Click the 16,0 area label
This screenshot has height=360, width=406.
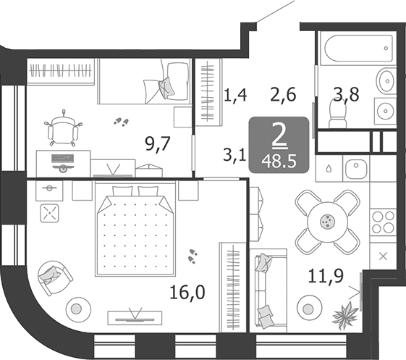[187, 293]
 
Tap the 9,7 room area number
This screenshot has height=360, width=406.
[158, 143]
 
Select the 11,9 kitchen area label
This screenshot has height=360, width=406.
[326, 276]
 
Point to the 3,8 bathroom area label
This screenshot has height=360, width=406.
[346, 94]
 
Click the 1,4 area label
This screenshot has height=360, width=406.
[235, 95]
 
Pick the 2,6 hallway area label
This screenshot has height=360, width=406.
[283, 95]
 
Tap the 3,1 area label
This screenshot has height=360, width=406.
[234, 156]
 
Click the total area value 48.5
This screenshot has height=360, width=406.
[279, 162]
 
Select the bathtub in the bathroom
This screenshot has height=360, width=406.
[357, 49]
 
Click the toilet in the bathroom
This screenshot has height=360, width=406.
[337, 114]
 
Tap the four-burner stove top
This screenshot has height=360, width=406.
[383, 222]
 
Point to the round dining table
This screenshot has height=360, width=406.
[328, 222]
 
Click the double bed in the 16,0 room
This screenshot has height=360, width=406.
[135, 229]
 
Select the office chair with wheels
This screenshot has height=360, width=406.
[64, 129]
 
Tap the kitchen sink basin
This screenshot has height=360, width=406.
[356, 168]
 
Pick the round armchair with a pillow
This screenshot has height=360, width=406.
[54, 278]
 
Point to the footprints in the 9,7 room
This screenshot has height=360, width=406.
[121, 122]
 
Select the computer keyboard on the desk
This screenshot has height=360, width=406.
[63, 158]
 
